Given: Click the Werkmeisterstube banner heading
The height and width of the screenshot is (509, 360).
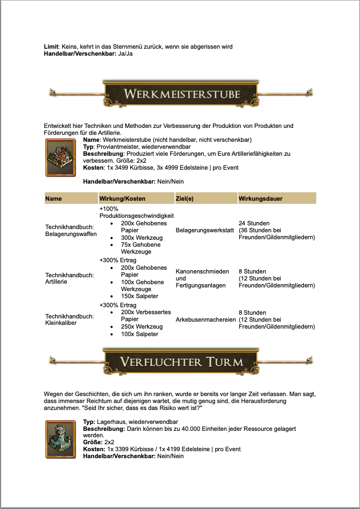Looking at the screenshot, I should [181, 94].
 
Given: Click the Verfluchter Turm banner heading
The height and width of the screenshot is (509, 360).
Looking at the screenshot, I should [181, 361].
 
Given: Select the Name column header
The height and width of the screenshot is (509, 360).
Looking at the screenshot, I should [53, 199].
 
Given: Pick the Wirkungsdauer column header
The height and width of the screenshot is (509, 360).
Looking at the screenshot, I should [261, 199].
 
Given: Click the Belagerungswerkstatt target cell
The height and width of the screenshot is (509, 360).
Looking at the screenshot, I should [205, 230].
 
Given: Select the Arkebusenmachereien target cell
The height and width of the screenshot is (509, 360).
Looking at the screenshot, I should [206, 320].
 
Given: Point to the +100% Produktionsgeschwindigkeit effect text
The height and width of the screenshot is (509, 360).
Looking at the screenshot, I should [129, 212].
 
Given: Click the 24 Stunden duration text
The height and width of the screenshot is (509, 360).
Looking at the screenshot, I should [254, 223].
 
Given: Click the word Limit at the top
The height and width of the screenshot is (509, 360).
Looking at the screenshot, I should [51, 47].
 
